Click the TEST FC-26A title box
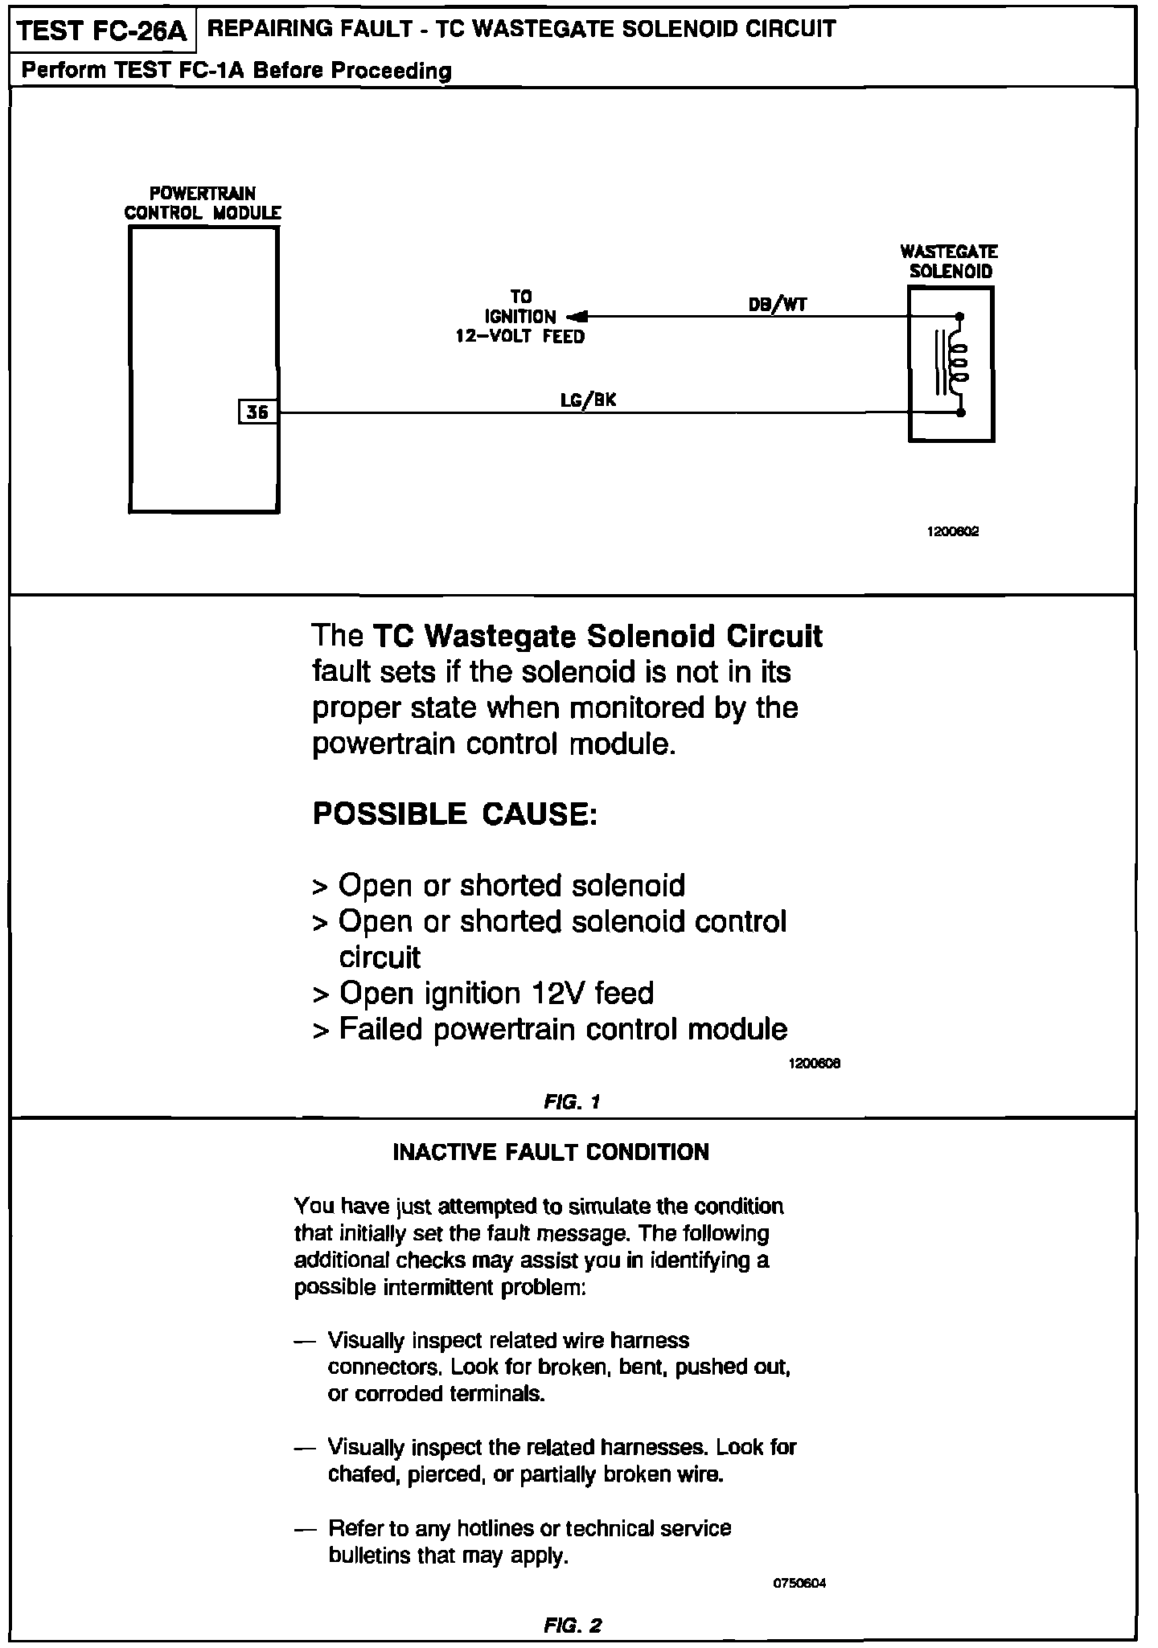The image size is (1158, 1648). tap(102, 31)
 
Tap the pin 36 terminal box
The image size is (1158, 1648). tap(258, 412)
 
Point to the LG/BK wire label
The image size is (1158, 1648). tap(588, 400)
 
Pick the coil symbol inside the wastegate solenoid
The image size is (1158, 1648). tap(958, 364)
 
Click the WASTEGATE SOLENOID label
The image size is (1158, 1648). tap(950, 261)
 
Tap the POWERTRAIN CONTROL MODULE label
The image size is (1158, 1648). tap(203, 203)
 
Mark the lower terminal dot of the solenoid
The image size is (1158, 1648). tap(961, 413)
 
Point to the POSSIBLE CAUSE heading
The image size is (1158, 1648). tap(454, 814)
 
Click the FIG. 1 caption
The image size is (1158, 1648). tap(572, 1101)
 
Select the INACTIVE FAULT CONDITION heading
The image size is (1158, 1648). tap(551, 1152)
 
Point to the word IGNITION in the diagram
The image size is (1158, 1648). tap(520, 317)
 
